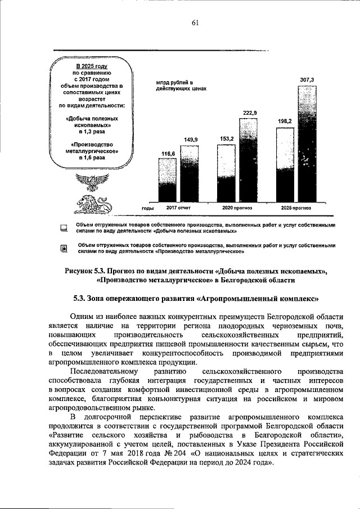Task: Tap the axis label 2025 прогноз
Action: [296, 208]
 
